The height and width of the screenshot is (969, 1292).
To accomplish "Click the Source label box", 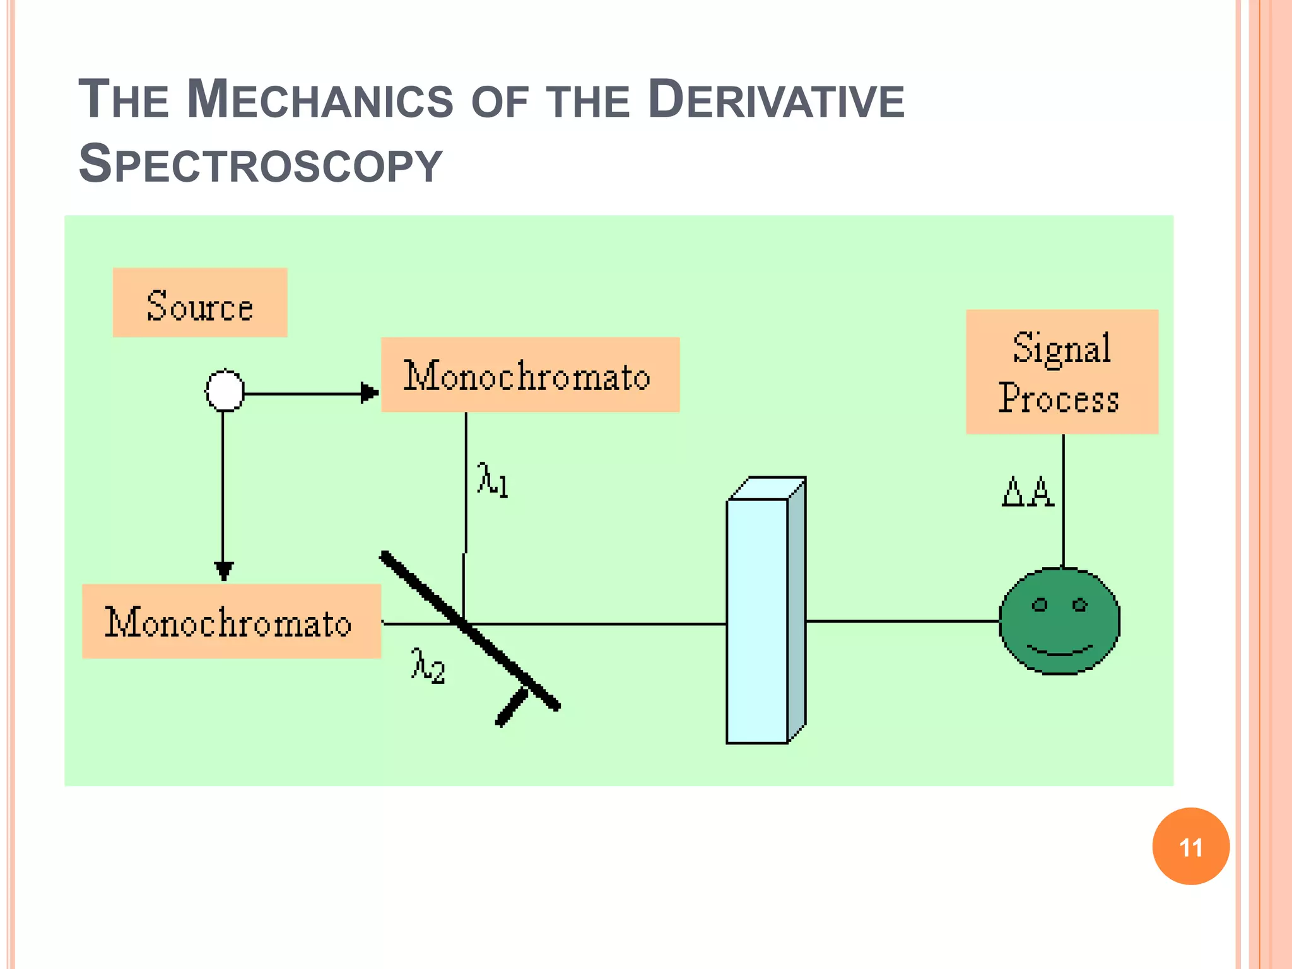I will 200,303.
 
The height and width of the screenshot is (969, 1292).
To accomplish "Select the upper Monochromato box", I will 530,375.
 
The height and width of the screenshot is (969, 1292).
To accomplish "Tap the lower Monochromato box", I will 231,621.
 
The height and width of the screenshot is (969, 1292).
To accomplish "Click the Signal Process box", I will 1062,372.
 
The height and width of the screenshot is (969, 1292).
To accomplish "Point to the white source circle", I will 225,391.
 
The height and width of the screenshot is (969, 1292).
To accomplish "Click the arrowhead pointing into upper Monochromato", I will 369,392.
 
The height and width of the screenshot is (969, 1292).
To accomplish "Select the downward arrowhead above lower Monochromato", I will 223,570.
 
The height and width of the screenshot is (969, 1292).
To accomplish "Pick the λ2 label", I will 428,666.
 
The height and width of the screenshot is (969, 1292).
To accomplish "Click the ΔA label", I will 1028,492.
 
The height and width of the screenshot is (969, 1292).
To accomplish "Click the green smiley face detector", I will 1060,621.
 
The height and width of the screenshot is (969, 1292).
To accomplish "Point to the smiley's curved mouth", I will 1060,650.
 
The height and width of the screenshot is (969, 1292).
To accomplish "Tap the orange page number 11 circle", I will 1190,847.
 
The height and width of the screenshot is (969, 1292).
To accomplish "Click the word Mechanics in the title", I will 320,100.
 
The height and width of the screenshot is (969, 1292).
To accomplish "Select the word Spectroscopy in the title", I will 261,164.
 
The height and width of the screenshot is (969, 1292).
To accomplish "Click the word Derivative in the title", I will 776,100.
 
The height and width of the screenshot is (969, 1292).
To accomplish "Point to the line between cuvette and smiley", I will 902,621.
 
